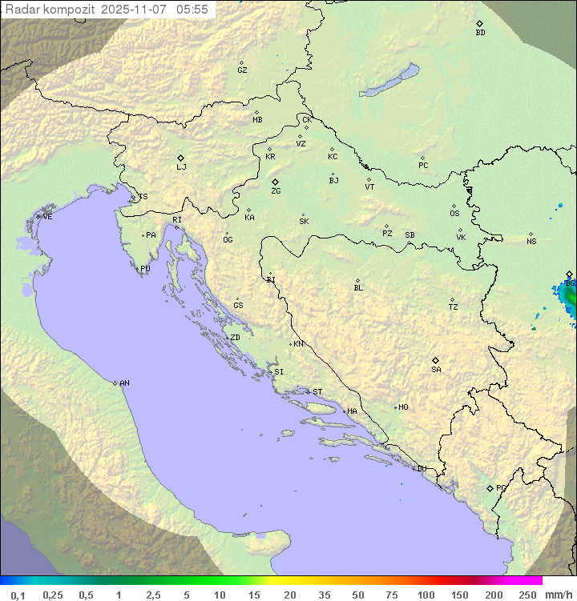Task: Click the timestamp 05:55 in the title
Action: pyautogui.click(x=192, y=10)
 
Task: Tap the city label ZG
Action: pyautogui.click(x=276, y=191)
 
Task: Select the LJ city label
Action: pyautogui.click(x=181, y=166)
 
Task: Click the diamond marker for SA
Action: pyautogui.click(x=435, y=360)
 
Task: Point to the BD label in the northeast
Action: pyautogui.click(x=480, y=33)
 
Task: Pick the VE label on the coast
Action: pyautogui.click(x=47, y=217)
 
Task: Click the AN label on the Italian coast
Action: pyautogui.click(x=124, y=383)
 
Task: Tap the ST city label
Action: pyautogui.click(x=317, y=392)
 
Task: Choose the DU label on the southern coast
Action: pyautogui.click(x=421, y=469)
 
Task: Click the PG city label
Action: pyautogui.click(x=501, y=487)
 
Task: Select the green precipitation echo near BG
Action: pyautogui.click(x=568, y=300)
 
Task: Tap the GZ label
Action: pyautogui.click(x=242, y=70)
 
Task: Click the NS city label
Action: pyautogui.click(x=531, y=242)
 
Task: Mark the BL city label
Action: pyautogui.click(x=358, y=288)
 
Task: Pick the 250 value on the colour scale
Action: pyautogui.click(x=527, y=595)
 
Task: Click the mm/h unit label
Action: pyautogui.click(x=557, y=595)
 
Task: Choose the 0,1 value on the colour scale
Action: pyautogui.click(x=18, y=595)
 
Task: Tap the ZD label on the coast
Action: pyautogui.click(x=235, y=338)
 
